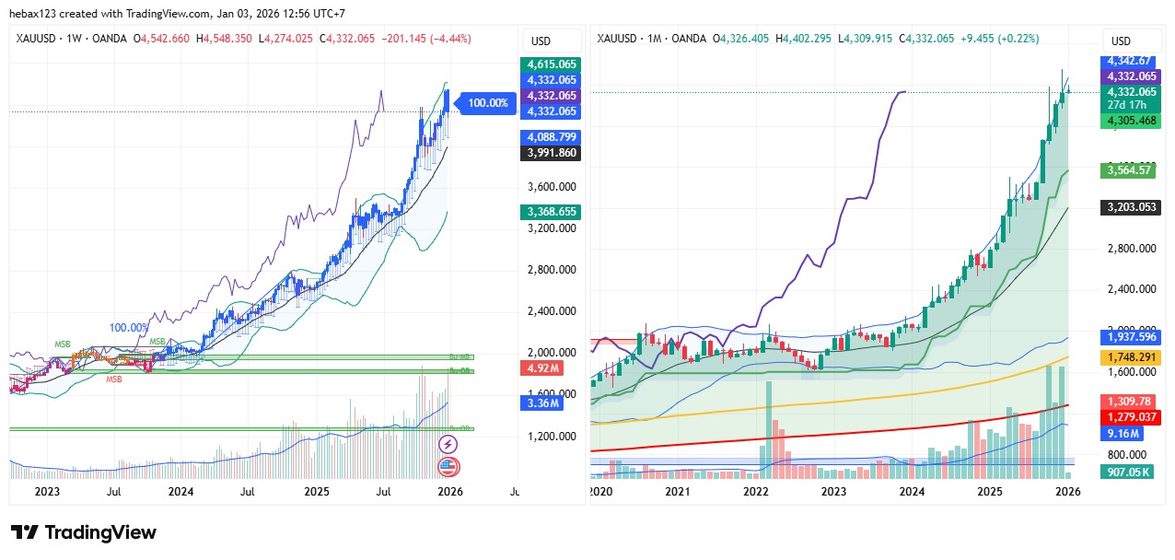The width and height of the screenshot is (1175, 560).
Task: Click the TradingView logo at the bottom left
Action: point(84,532)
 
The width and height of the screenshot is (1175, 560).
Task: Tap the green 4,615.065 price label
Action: point(552,64)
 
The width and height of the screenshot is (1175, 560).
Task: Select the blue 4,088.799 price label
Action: point(552,136)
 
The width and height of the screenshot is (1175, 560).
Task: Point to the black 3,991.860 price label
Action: point(552,153)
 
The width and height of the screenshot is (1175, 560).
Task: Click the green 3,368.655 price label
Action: point(552,212)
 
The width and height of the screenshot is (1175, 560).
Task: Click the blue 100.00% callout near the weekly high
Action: point(487,103)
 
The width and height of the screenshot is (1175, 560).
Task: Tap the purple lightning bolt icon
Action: point(448,444)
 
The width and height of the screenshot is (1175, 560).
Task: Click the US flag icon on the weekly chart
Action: point(448,466)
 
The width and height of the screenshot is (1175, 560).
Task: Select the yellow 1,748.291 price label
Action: point(1132,357)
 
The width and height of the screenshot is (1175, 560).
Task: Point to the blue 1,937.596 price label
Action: point(1132,337)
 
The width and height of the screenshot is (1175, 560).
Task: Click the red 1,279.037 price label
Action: point(1132,416)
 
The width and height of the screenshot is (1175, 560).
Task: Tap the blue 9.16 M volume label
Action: point(1125,432)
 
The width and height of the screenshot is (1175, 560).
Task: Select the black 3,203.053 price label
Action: point(1132,207)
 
